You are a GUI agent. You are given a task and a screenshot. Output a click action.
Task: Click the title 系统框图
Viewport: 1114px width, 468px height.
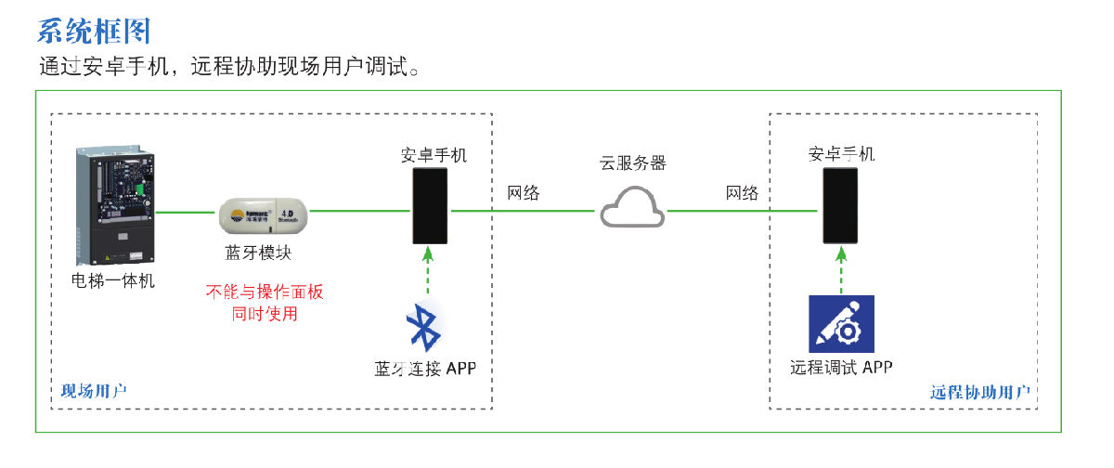[94, 31]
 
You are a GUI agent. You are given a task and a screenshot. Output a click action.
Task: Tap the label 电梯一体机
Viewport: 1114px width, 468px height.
[113, 279]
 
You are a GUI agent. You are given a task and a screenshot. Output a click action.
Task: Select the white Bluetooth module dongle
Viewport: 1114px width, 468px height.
[263, 215]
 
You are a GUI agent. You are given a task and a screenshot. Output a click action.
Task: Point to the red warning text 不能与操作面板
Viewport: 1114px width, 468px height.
[265, 292]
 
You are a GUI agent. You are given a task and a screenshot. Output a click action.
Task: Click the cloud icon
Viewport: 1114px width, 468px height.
[631, 209]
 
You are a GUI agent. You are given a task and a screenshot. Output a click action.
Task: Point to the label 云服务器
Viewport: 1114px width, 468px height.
[632, 162]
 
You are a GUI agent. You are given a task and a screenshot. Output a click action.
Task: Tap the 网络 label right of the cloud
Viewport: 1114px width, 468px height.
[742, 193]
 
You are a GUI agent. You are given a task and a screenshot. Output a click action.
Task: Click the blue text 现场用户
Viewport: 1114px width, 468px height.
[92, 391]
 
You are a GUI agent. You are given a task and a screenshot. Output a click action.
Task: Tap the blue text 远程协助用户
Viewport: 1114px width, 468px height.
[979, 392]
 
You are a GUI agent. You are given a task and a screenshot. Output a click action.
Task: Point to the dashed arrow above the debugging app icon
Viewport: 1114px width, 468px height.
[841, 269]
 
